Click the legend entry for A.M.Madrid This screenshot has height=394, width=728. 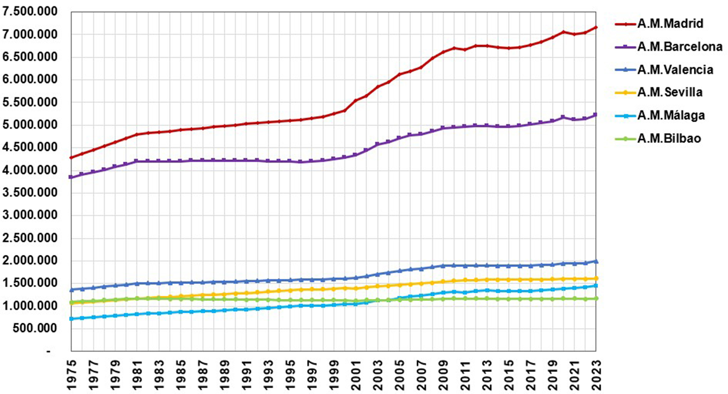click(x=670, y=24)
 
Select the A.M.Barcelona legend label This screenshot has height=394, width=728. click(x=680, y=47)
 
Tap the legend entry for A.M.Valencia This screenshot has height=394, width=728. click(x=675, y=70)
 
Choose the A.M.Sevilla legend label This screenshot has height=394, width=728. click(x=670, y=93)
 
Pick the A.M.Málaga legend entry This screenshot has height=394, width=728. click(x=671, y=116)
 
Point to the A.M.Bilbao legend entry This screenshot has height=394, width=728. click(x=669, y=139)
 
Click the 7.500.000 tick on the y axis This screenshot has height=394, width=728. click(x=30, y=12)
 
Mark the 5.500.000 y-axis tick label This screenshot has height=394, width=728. click(x=30, y=102)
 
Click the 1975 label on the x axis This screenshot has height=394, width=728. click(x=71, y=375)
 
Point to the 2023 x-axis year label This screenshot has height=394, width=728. click(x=596, y=375)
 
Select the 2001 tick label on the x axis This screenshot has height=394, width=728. click(x=356, y=375)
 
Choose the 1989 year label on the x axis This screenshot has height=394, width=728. click(x=225, y=375)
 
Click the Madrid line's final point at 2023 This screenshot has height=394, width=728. click(x=596, y=28)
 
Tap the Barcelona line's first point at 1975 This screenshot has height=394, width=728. click(x=71, y=177)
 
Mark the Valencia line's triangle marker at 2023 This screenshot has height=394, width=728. click(x=596, y=261)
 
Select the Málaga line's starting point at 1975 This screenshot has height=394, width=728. click(x=71, y=319)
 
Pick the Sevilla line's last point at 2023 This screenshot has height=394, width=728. click(x=596, y=278)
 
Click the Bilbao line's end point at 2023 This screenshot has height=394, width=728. click(x=596, y=298)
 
